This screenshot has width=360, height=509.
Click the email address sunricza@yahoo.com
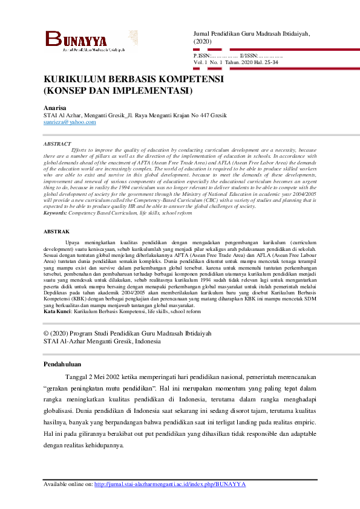point(70,122)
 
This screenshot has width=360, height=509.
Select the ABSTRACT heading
point(57,144)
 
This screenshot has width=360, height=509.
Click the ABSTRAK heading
point(57,232)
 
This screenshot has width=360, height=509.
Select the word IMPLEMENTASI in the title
point(151,91)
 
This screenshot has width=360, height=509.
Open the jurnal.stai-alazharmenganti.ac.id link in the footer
point(170,484)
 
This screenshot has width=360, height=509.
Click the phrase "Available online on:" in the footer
point(68,484)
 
